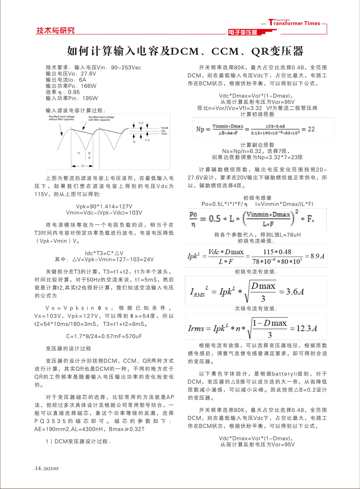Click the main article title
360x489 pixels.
(185, 51)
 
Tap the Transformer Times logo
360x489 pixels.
(294, 22)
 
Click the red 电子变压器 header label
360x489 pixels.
(243, 32)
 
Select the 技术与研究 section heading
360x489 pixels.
(55, 30)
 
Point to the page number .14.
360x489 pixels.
(38, 468)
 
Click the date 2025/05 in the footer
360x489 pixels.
(51, 469)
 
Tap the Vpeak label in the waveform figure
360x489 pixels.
(165, 128)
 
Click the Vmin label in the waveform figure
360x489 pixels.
(164, 134)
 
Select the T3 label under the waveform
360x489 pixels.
(82, 166)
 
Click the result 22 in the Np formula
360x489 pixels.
(311, 129)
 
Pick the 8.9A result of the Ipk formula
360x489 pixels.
(317, 256)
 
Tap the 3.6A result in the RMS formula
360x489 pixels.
(295, 291)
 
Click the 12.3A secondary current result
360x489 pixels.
(307, 328)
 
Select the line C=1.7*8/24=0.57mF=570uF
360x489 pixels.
(104, 336)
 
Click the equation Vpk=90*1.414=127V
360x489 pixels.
(104, 206)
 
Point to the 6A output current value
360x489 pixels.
(82, 80)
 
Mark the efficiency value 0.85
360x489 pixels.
(74, 92)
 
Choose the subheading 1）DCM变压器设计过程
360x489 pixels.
(78, 441)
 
